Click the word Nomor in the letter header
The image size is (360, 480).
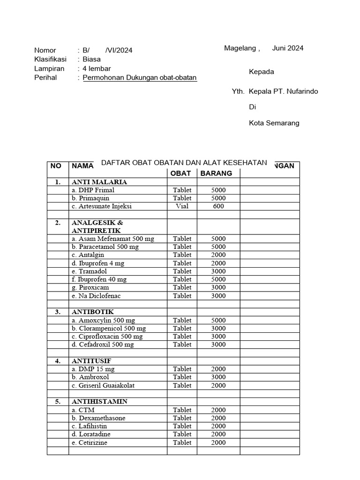[x=45, y=50]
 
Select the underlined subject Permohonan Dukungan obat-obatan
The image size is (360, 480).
[x=140, y=77]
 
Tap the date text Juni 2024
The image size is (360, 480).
[x=287, y=48]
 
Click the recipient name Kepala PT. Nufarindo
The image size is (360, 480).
[x=283, y=91]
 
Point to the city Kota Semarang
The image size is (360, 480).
[x=274, y=123]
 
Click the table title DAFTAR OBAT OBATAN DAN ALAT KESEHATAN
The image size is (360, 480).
[x=184, y=163]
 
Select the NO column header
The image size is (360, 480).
[x=56, y=165]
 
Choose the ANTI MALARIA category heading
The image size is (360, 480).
[x=99, y=182]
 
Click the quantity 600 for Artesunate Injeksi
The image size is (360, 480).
[x=218, y=206]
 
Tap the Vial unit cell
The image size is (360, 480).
[x=182, y=206]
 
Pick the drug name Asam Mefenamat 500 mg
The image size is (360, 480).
[x=112, y=239]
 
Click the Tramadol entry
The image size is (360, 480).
[x=90, y=271]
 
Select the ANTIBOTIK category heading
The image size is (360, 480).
[x=92, y=312]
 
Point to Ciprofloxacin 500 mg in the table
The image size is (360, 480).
[x=107, y=336]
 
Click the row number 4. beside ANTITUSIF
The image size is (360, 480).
[x=58, y=361]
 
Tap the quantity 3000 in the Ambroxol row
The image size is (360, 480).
[x=218, y=377]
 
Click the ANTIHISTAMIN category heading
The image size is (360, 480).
[x=99, y=402]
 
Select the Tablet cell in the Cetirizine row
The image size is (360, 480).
[x=182, y=442]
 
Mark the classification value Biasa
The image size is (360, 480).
[x=91, y=59]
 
